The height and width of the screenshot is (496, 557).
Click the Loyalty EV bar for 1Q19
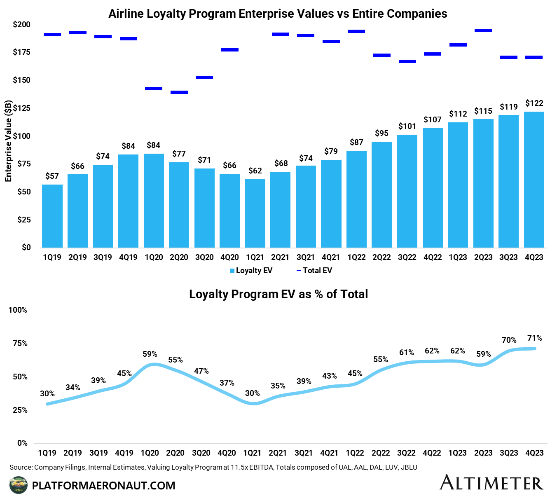[x=52, y=216]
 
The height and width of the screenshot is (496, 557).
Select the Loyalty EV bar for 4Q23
[x=534, y=180]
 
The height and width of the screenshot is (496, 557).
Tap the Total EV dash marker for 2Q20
[x=179, y=92]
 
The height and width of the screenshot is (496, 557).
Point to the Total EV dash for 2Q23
[x=483, y=30]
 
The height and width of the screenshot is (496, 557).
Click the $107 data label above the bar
[x=432, y=119]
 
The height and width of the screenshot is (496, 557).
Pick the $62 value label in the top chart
[x=255, y=171]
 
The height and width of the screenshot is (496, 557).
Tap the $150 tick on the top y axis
[x=21, y=80]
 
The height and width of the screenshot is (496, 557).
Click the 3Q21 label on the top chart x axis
[x=306, y=257]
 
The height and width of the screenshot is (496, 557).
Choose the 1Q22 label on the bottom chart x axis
[x=355, y=453]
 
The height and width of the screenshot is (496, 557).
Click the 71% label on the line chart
[x=534, y=338]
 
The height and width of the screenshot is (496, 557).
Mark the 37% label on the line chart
[x=227, y=383]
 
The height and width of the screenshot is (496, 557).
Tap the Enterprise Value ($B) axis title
[x=8, y=141]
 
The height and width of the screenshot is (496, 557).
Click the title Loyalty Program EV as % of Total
[x=278, y=294]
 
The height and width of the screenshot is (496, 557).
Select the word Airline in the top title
[x=126, y=14]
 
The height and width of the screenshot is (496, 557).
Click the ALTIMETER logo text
[x=491, y=483]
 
